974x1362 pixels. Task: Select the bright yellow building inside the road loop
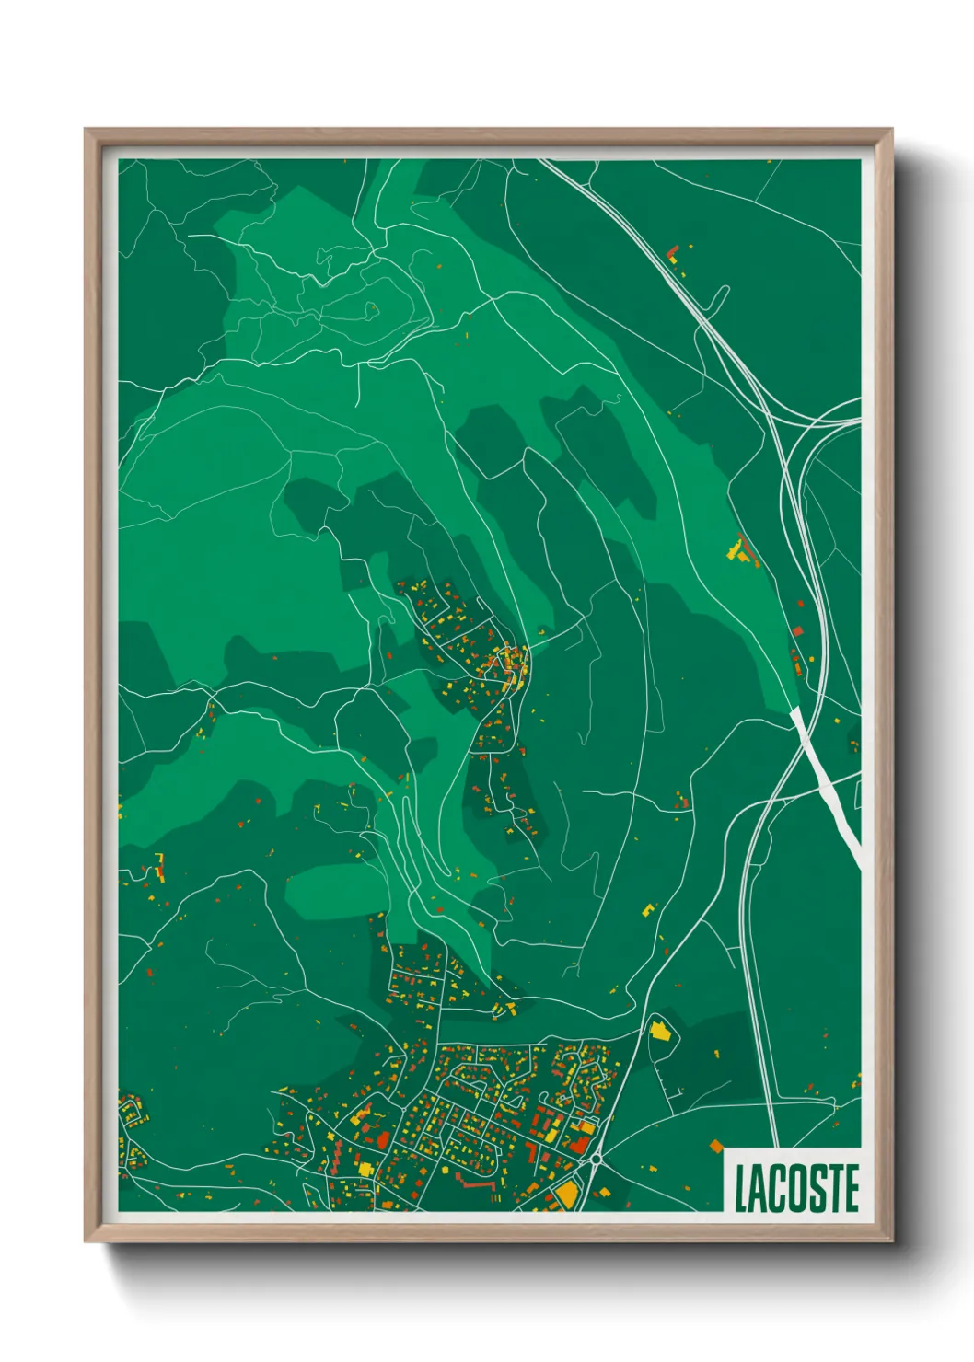click(659, 1029)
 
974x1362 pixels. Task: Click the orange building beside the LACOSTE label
click(717, 1147)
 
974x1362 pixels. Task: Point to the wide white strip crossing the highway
click(826, 782)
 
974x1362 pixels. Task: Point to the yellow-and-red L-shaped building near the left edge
click(161, 868)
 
